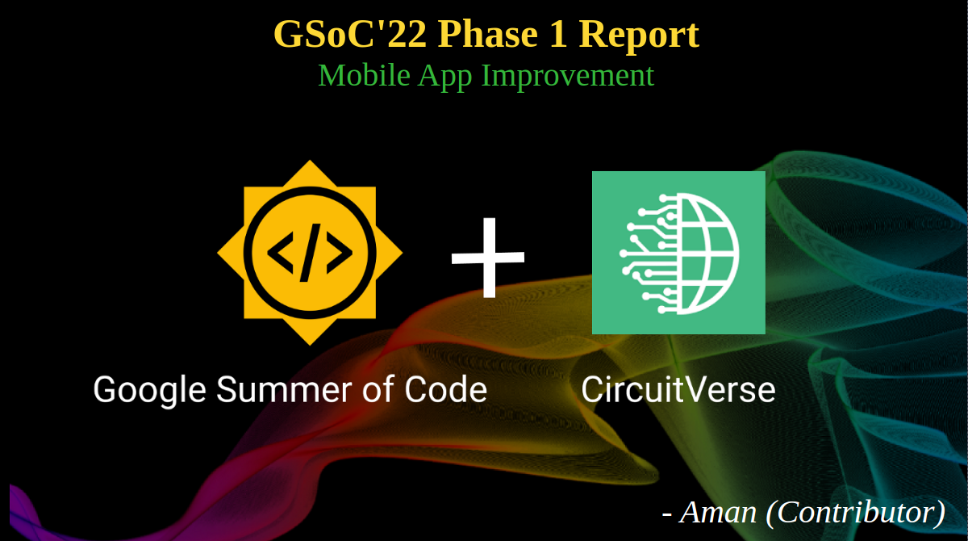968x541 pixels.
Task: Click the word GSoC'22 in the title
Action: pos(350,34)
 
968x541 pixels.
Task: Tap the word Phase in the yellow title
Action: pos(488,34)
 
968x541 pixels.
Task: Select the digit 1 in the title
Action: pos(558,34)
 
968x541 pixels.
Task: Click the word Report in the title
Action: pos(639,36)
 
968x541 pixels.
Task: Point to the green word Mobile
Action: pos(364,75)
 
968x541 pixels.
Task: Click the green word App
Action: pos(445,77)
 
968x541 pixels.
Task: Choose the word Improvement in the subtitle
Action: pos(567,77)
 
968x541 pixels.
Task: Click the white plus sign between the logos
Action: pos(488,258)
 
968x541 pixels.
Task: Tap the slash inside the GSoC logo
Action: pos(310,253)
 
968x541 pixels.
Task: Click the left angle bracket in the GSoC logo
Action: pos(281,253)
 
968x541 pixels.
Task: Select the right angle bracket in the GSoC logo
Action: pos(340,253)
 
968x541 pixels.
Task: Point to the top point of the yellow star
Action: pos(310,161)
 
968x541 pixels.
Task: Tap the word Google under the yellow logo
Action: pos(149,391)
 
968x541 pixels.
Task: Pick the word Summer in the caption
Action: pos(284,390)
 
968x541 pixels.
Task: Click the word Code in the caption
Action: pos(445,390)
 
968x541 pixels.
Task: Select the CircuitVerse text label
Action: pos(678,390)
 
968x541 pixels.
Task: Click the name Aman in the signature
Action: pos(718,513)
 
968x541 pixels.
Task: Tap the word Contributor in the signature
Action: pos(856,513)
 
